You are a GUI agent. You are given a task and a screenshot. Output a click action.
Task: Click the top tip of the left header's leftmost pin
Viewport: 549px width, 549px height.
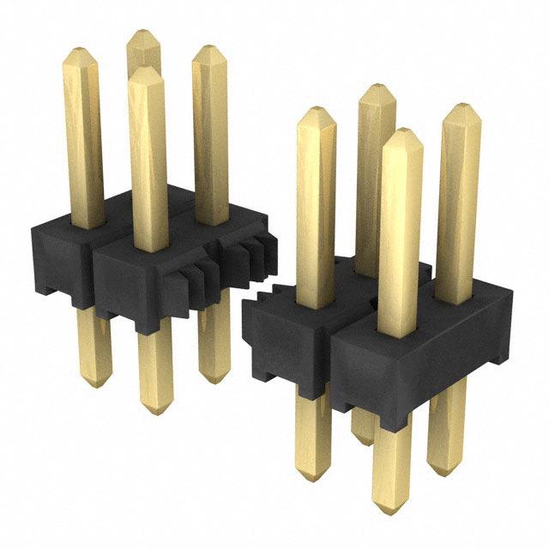pyautogui.click(x=81, y=49)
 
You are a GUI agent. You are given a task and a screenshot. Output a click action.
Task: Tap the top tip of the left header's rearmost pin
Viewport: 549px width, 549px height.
pyautogui.click(x=143, y=33)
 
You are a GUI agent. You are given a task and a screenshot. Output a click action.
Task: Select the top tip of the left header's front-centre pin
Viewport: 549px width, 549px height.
pyautogui.click(x=147, y=71)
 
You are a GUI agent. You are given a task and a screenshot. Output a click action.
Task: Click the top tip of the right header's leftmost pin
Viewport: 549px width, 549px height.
pyautogui.click(x=316, y=109)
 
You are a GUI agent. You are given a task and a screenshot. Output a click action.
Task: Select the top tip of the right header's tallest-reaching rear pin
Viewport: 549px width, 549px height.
pyautogui.click(x=377, y=86)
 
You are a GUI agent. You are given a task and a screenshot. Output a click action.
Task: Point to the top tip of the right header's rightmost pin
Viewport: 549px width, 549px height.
pyautogui.click(x=462, y=106)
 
